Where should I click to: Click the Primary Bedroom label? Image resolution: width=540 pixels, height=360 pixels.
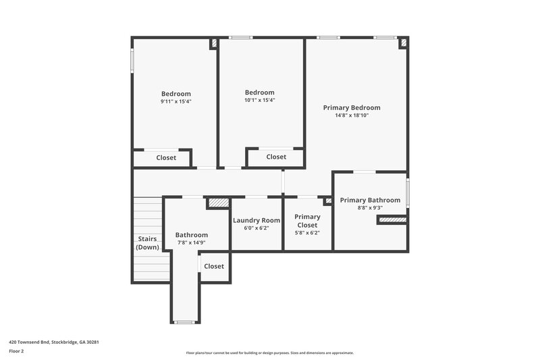(x=351, y=107)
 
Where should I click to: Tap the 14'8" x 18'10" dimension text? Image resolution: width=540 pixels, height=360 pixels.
(x=351, y=115)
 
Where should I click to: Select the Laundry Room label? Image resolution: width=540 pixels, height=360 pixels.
(x=256, y=220)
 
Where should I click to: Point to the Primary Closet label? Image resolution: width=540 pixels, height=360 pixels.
(x=307, y=221)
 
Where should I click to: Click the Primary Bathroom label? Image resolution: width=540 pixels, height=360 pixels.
(x=370, y=200)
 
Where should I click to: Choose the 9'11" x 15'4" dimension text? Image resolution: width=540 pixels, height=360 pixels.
(x=175, y=101)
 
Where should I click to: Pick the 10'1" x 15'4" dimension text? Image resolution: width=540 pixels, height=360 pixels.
(x=260, y=100)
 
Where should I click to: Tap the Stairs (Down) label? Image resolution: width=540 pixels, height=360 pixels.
(x=148, y=242)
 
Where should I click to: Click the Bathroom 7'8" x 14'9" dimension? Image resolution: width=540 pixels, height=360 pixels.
(x=192, y=242)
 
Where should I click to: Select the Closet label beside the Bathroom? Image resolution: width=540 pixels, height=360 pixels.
(x=214, y=266)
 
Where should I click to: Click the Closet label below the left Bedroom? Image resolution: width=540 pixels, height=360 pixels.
(x=166, y=158)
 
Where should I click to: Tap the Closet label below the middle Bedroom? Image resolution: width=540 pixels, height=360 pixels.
(x=276, y=157)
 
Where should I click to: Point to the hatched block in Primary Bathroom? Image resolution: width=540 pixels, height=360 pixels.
(x=391, y=220)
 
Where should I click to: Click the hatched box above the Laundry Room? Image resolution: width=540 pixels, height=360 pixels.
(x=217, y=202)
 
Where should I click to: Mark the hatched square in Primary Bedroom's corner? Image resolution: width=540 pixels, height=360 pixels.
(x=404, y=43)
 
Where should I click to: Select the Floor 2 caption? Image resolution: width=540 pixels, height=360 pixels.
(x=16, y=352)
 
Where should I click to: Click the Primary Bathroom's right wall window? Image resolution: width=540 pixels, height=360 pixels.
(x=408, y=193)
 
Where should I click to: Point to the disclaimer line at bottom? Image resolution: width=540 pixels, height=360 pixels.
(x=269, y=353)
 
